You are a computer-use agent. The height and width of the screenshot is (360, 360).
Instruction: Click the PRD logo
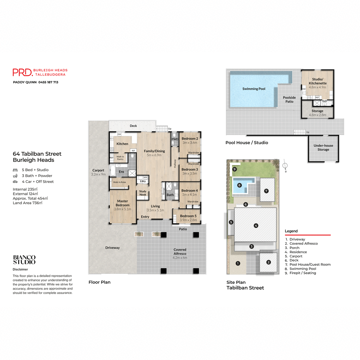point(23,72)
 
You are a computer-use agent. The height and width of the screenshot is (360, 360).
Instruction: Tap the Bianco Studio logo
point(24,260)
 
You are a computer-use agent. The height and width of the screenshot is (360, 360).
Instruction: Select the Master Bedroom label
point(122,203)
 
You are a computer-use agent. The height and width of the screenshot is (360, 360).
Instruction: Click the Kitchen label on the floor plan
point(122,144)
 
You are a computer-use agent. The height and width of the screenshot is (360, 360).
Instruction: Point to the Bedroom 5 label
point(188,216)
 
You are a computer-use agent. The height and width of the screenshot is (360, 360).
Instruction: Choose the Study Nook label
point(143,193)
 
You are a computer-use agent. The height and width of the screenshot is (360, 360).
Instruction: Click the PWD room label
point(175,139)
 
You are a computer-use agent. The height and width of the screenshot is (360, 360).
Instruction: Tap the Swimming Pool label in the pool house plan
point(254,89)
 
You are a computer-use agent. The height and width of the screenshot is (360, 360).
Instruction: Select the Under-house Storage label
point(323,148)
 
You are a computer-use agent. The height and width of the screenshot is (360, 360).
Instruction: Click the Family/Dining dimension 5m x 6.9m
point(154,155)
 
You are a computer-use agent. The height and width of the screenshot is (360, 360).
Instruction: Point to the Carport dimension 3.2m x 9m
point(98,174)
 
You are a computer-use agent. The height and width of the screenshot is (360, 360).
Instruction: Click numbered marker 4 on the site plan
point(256,226)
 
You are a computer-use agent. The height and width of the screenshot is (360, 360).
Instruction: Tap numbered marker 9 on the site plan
point(235,169)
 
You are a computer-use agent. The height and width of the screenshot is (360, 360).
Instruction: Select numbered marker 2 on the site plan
point(268,262)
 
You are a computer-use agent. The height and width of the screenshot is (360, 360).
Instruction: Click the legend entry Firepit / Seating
point(302,273)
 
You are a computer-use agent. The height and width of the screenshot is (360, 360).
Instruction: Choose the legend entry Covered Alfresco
point(303,244)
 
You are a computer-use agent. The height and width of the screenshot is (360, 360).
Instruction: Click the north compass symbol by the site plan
point(285,166)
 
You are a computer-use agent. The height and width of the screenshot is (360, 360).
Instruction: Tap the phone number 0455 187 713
point(48,82)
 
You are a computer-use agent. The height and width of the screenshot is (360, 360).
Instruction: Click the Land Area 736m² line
point(28,203)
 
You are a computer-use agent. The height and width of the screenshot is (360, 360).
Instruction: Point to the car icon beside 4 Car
point(15,182)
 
